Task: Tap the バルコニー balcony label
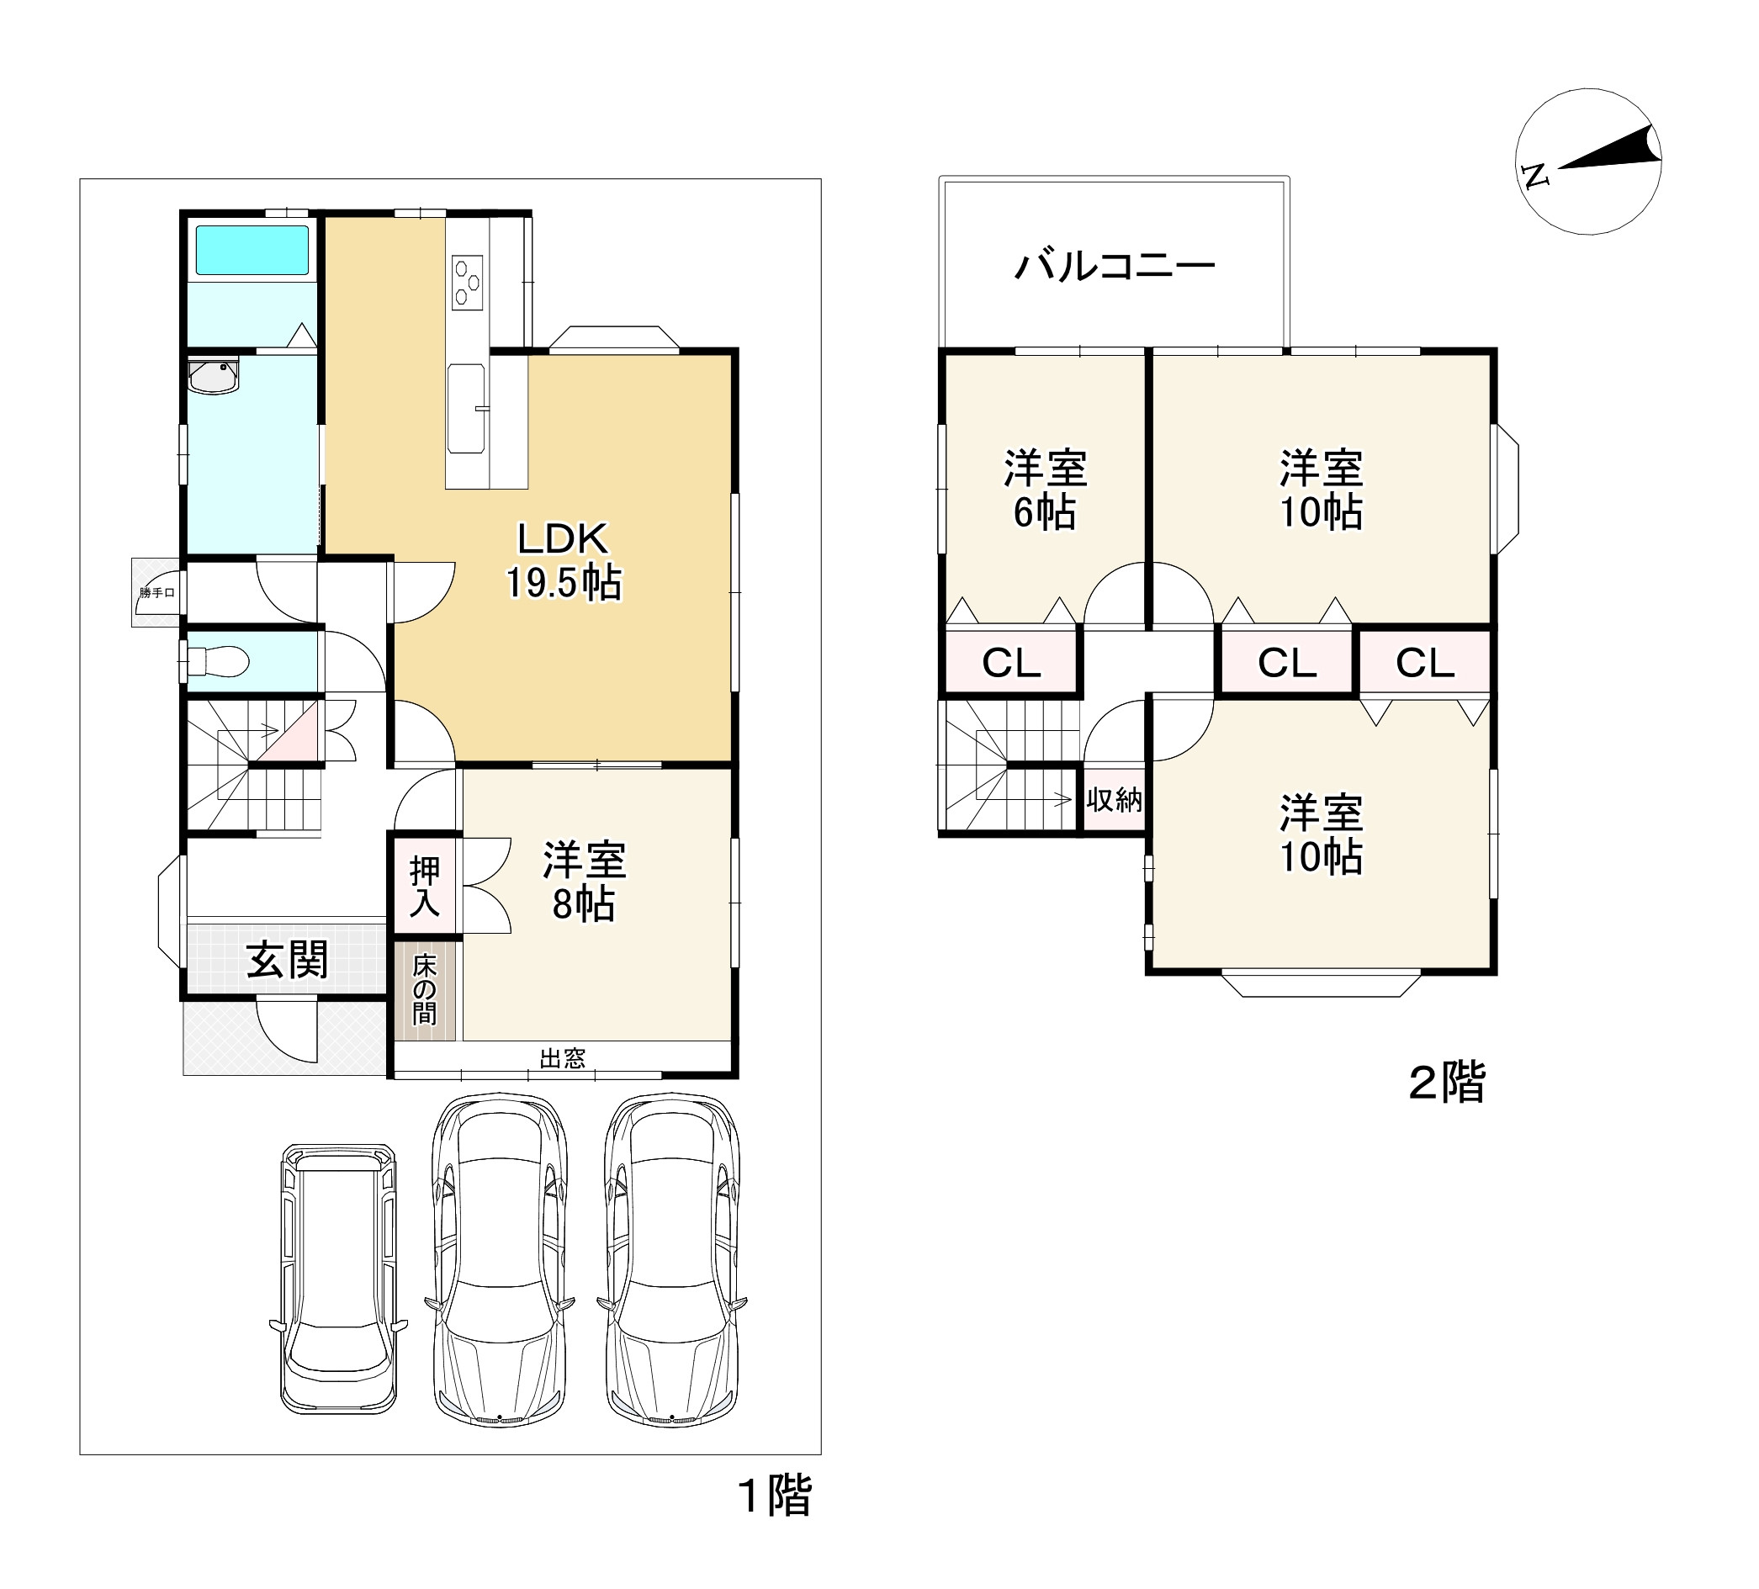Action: [x=1115, y=264]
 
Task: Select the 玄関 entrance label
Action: [x=287, y=960]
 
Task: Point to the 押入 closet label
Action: [x=425, y=887]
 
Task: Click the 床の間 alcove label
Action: [x=425, y=989]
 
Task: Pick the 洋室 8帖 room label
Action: [x=585, y=882]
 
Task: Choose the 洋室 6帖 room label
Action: [x=1046, y=490]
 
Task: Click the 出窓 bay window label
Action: [x=563, y=1058]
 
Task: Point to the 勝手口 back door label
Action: [x=157, y=593]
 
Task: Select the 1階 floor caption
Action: [x=775, y=1495]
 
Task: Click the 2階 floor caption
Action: [x=1448, y=1082]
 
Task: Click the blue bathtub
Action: [x=252, y=251]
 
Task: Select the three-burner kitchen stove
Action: [x=468, y=282]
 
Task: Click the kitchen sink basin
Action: [x=467, y=408]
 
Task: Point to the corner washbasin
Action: [x=214, y=376]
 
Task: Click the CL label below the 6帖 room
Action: [x=1011, y=663]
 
